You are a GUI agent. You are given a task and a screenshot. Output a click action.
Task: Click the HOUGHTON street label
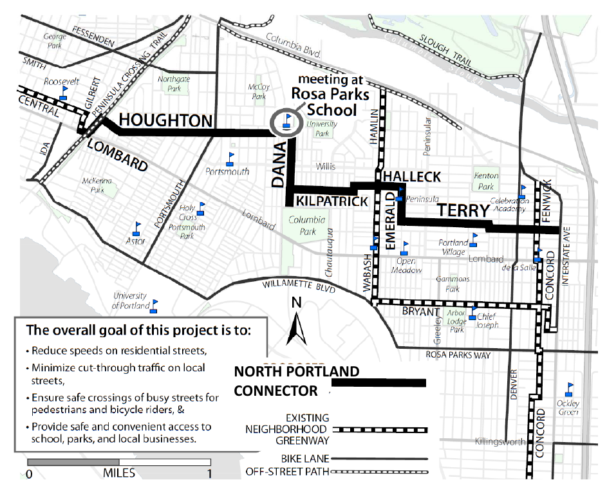pos(165,120)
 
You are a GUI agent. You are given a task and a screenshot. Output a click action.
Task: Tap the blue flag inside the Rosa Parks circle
pos(287,120)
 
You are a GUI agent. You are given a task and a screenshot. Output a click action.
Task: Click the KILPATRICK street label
pos(332,201)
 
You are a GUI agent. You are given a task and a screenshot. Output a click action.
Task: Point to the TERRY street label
pos(463,211)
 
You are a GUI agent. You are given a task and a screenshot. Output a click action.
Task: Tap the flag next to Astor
pos(137,228)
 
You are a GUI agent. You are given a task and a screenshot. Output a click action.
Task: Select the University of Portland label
pos(131,301)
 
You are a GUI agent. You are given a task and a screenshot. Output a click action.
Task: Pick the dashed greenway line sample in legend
pos(380,429)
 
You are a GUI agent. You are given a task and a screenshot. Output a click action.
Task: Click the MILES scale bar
pos(119,462)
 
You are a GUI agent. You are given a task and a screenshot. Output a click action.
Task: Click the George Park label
pos(55,41)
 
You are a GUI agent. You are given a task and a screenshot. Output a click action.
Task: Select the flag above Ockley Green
pos(569,389)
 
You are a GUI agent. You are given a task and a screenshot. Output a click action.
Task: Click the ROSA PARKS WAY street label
pos(454,355)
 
